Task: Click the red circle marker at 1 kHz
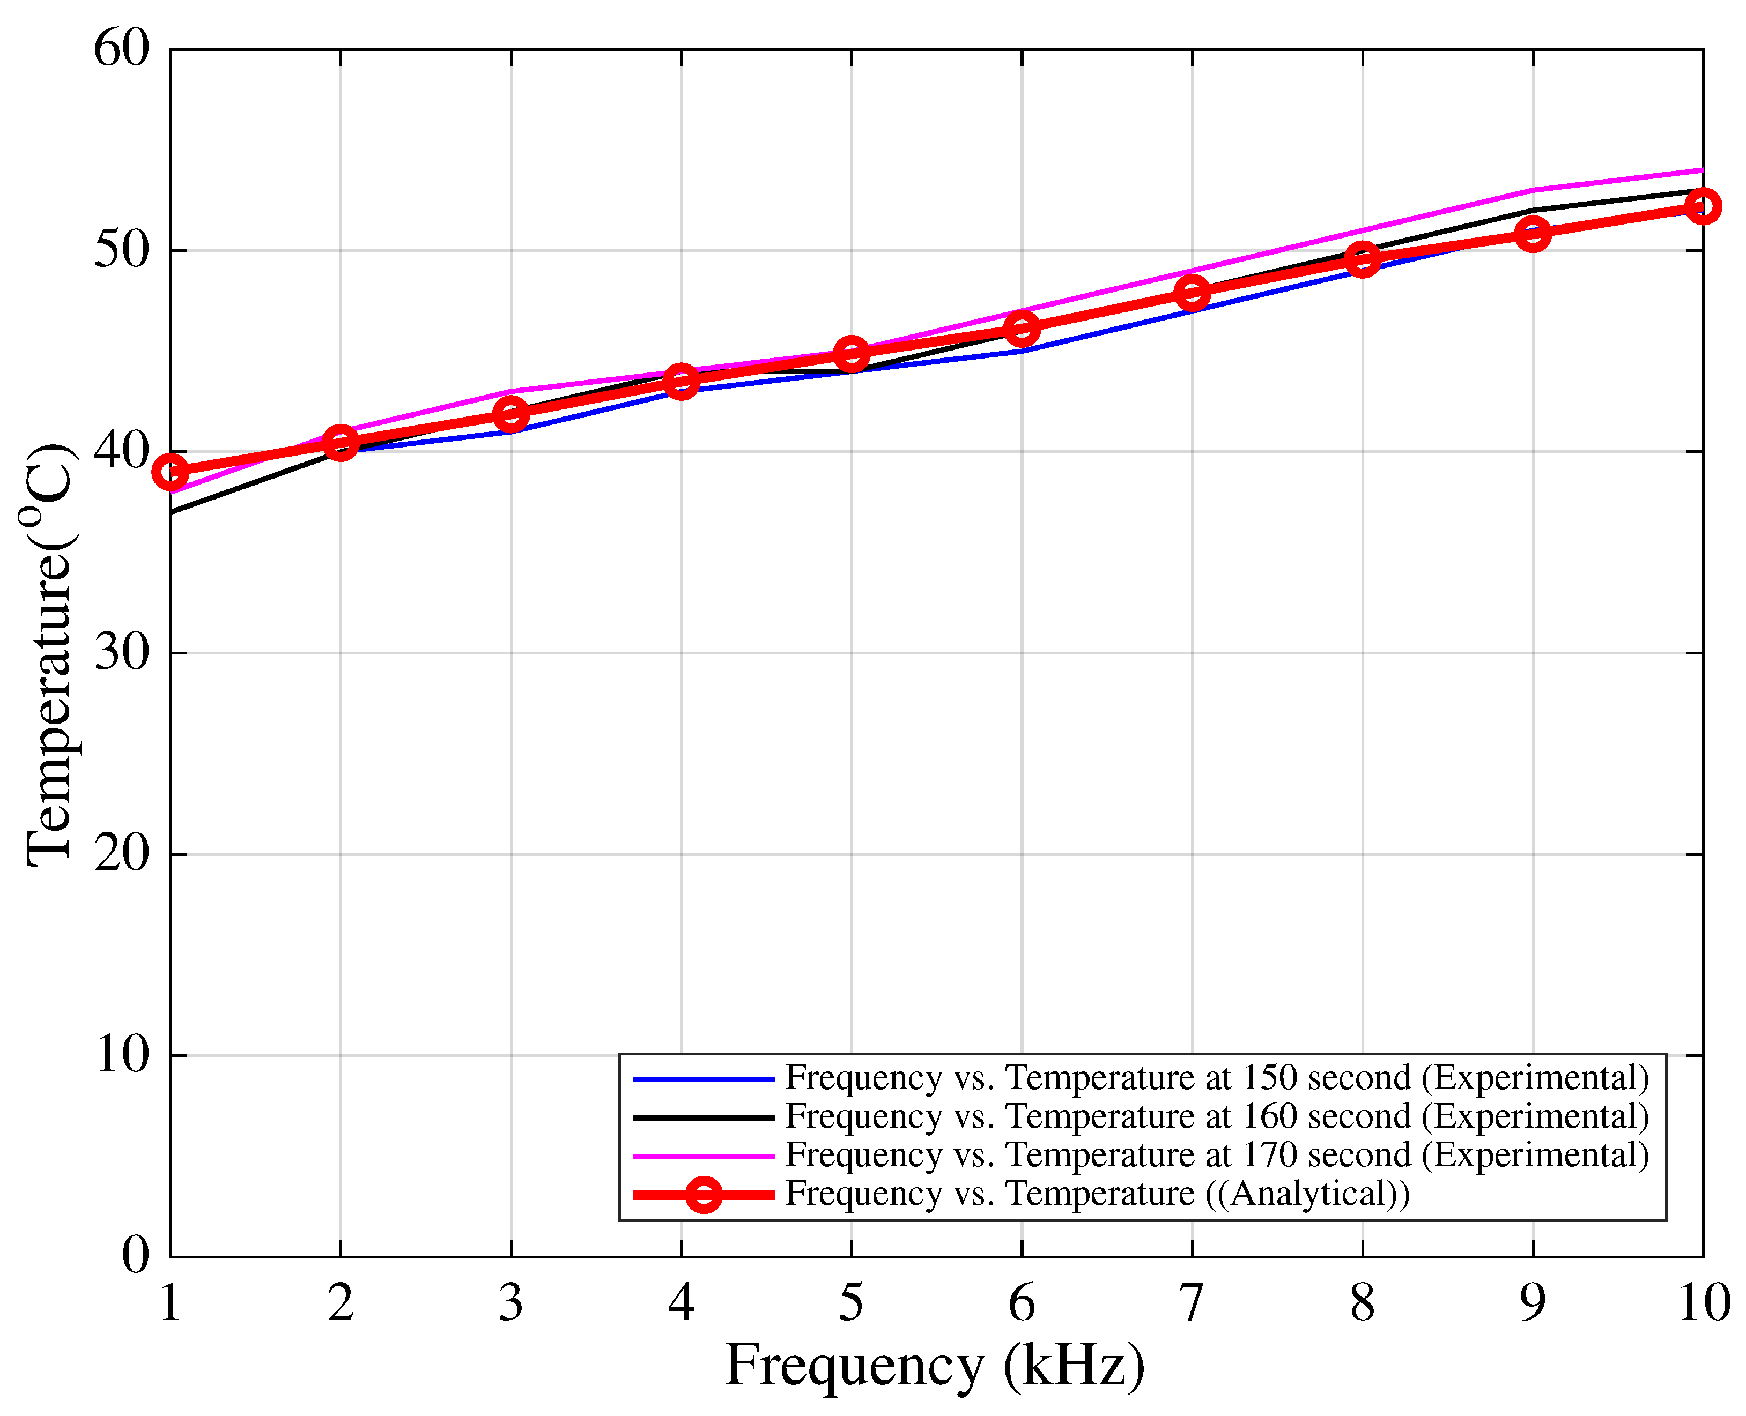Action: click(171, 472)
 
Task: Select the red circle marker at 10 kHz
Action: click(1703, 206)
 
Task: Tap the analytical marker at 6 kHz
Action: click(1022, 330)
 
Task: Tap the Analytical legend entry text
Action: click(1097, 1194)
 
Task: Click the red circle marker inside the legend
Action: click(704, 1195)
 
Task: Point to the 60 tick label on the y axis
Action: click(122, 49)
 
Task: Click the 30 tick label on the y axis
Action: click(122, 653)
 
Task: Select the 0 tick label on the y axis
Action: click(136, 1256)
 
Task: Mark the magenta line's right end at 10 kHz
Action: click(1701, 170)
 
